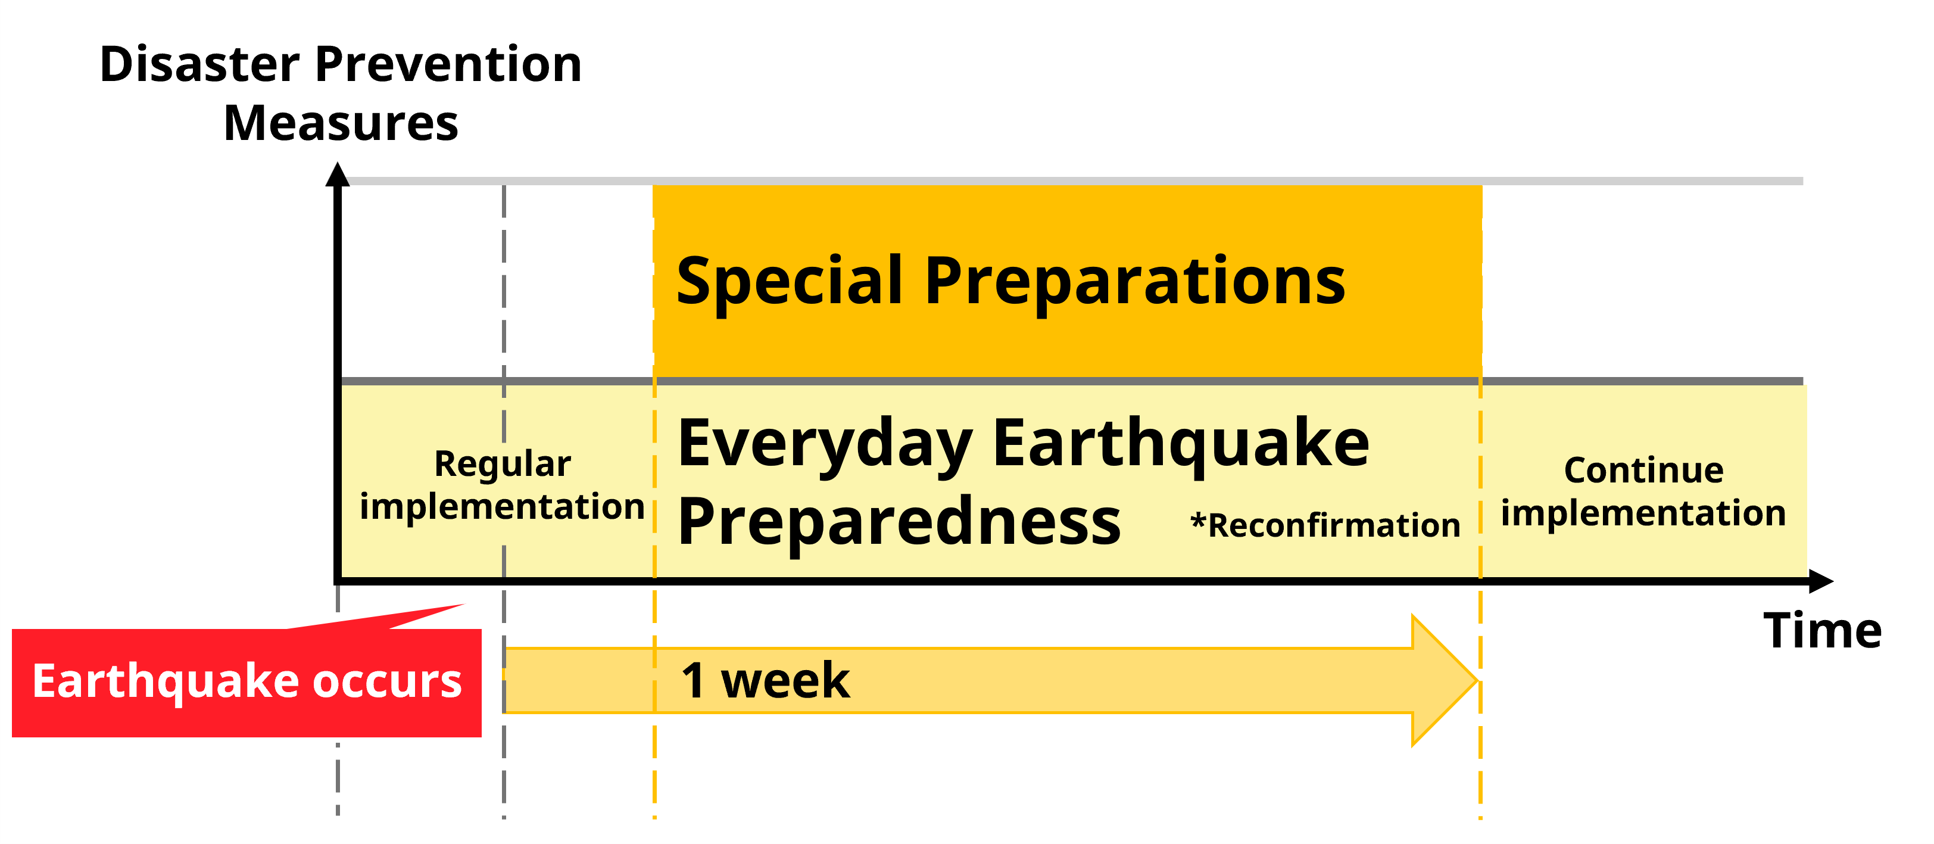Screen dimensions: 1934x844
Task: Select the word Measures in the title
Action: pos(341,123)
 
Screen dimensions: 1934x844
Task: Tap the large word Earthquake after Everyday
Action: pos(1181,443)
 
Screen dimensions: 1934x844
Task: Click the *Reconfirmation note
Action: pos(1325,525)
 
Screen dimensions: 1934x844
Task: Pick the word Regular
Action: pos(503,465)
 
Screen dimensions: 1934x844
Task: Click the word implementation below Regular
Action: pos(503,507)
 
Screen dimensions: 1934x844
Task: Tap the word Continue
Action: pos(1643,471)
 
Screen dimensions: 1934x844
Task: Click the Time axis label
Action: pos(1823,631)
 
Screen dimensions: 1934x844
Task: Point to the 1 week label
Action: pos(765,681)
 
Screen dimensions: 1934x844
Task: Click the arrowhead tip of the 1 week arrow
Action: pos(1477,681)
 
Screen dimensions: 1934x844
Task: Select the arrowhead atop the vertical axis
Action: pos(338,174)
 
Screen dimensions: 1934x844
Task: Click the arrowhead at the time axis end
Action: pos(1821,581)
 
